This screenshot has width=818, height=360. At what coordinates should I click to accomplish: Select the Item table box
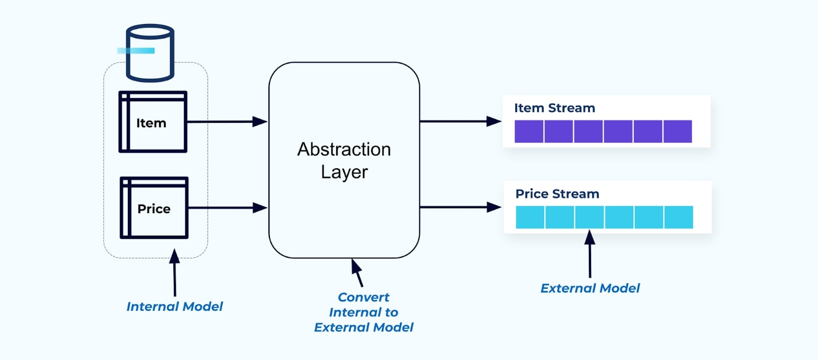pyautogui.click(x=153, y=122)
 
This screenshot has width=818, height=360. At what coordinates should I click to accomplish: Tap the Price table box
pyautogui.click(x=154, y=208)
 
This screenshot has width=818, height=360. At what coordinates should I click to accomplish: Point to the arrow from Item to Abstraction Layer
pyautogui.click(x=227, y=122)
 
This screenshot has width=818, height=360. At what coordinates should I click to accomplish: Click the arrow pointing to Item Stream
pyautogui.click(x=460, y=121)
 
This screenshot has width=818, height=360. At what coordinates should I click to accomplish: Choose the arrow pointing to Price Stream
pyautogui.click(x=460, y=207)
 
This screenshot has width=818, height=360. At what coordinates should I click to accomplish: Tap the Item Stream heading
pyautogui.click(x=554, y=108)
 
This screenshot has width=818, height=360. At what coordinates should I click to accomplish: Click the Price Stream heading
pyautogui.click(x=557, y=194)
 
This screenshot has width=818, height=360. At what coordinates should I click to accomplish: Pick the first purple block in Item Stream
pyautogui.click(x=529, y=131)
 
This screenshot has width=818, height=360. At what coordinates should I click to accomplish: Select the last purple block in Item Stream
pyautogui.click(x=677, y=131)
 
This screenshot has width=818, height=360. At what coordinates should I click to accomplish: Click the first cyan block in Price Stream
pyautogui.click(x=530, y=217)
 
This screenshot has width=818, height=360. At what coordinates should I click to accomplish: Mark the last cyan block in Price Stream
pyautogui.click(x=678, y=217)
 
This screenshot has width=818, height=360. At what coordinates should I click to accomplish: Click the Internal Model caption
pyautogui.click(x=174, y=306)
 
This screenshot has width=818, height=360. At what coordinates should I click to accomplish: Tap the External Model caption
pyautogui.click(x=590, y=288)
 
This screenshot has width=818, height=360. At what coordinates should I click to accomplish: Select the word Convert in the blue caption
pyautogui.click(x=363, y=297)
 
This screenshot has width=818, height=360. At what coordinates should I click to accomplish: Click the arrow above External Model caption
pyautogui.click(x=590, y=254)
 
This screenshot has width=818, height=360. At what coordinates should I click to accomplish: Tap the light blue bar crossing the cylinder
pyautogui.click(x=135, y=51)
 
